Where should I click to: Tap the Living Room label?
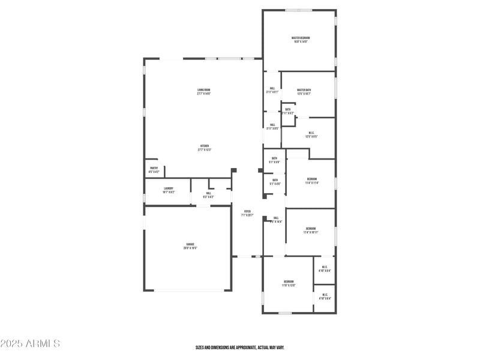[x=204, y=90]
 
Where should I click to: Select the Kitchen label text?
[x=205, y=146]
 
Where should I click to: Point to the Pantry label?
[x=154, y=168]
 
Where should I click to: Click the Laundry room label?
[x=168, y=188]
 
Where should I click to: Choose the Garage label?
[x=190, y=244]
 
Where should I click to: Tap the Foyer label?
[x=247, y=211]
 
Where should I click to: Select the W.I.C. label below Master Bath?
[x=311, y=133]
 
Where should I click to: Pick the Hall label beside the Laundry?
[x=209, y=193]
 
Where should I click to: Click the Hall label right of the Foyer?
[x=276, y=218]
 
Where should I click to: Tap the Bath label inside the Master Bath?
[x=288, y=109]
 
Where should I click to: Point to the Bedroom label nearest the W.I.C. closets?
[x=289, y=281]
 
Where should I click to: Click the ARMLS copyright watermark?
[x=30, y=344]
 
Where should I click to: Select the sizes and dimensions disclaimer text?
[x=240, y=347]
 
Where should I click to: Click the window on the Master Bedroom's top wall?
[x=298, y=10]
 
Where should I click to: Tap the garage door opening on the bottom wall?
[x=188, y=291]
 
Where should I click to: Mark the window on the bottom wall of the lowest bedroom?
[x=285, y=313]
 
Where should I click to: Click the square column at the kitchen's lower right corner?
[x=234, y=170]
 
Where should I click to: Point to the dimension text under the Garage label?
[x=191, y=248]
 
